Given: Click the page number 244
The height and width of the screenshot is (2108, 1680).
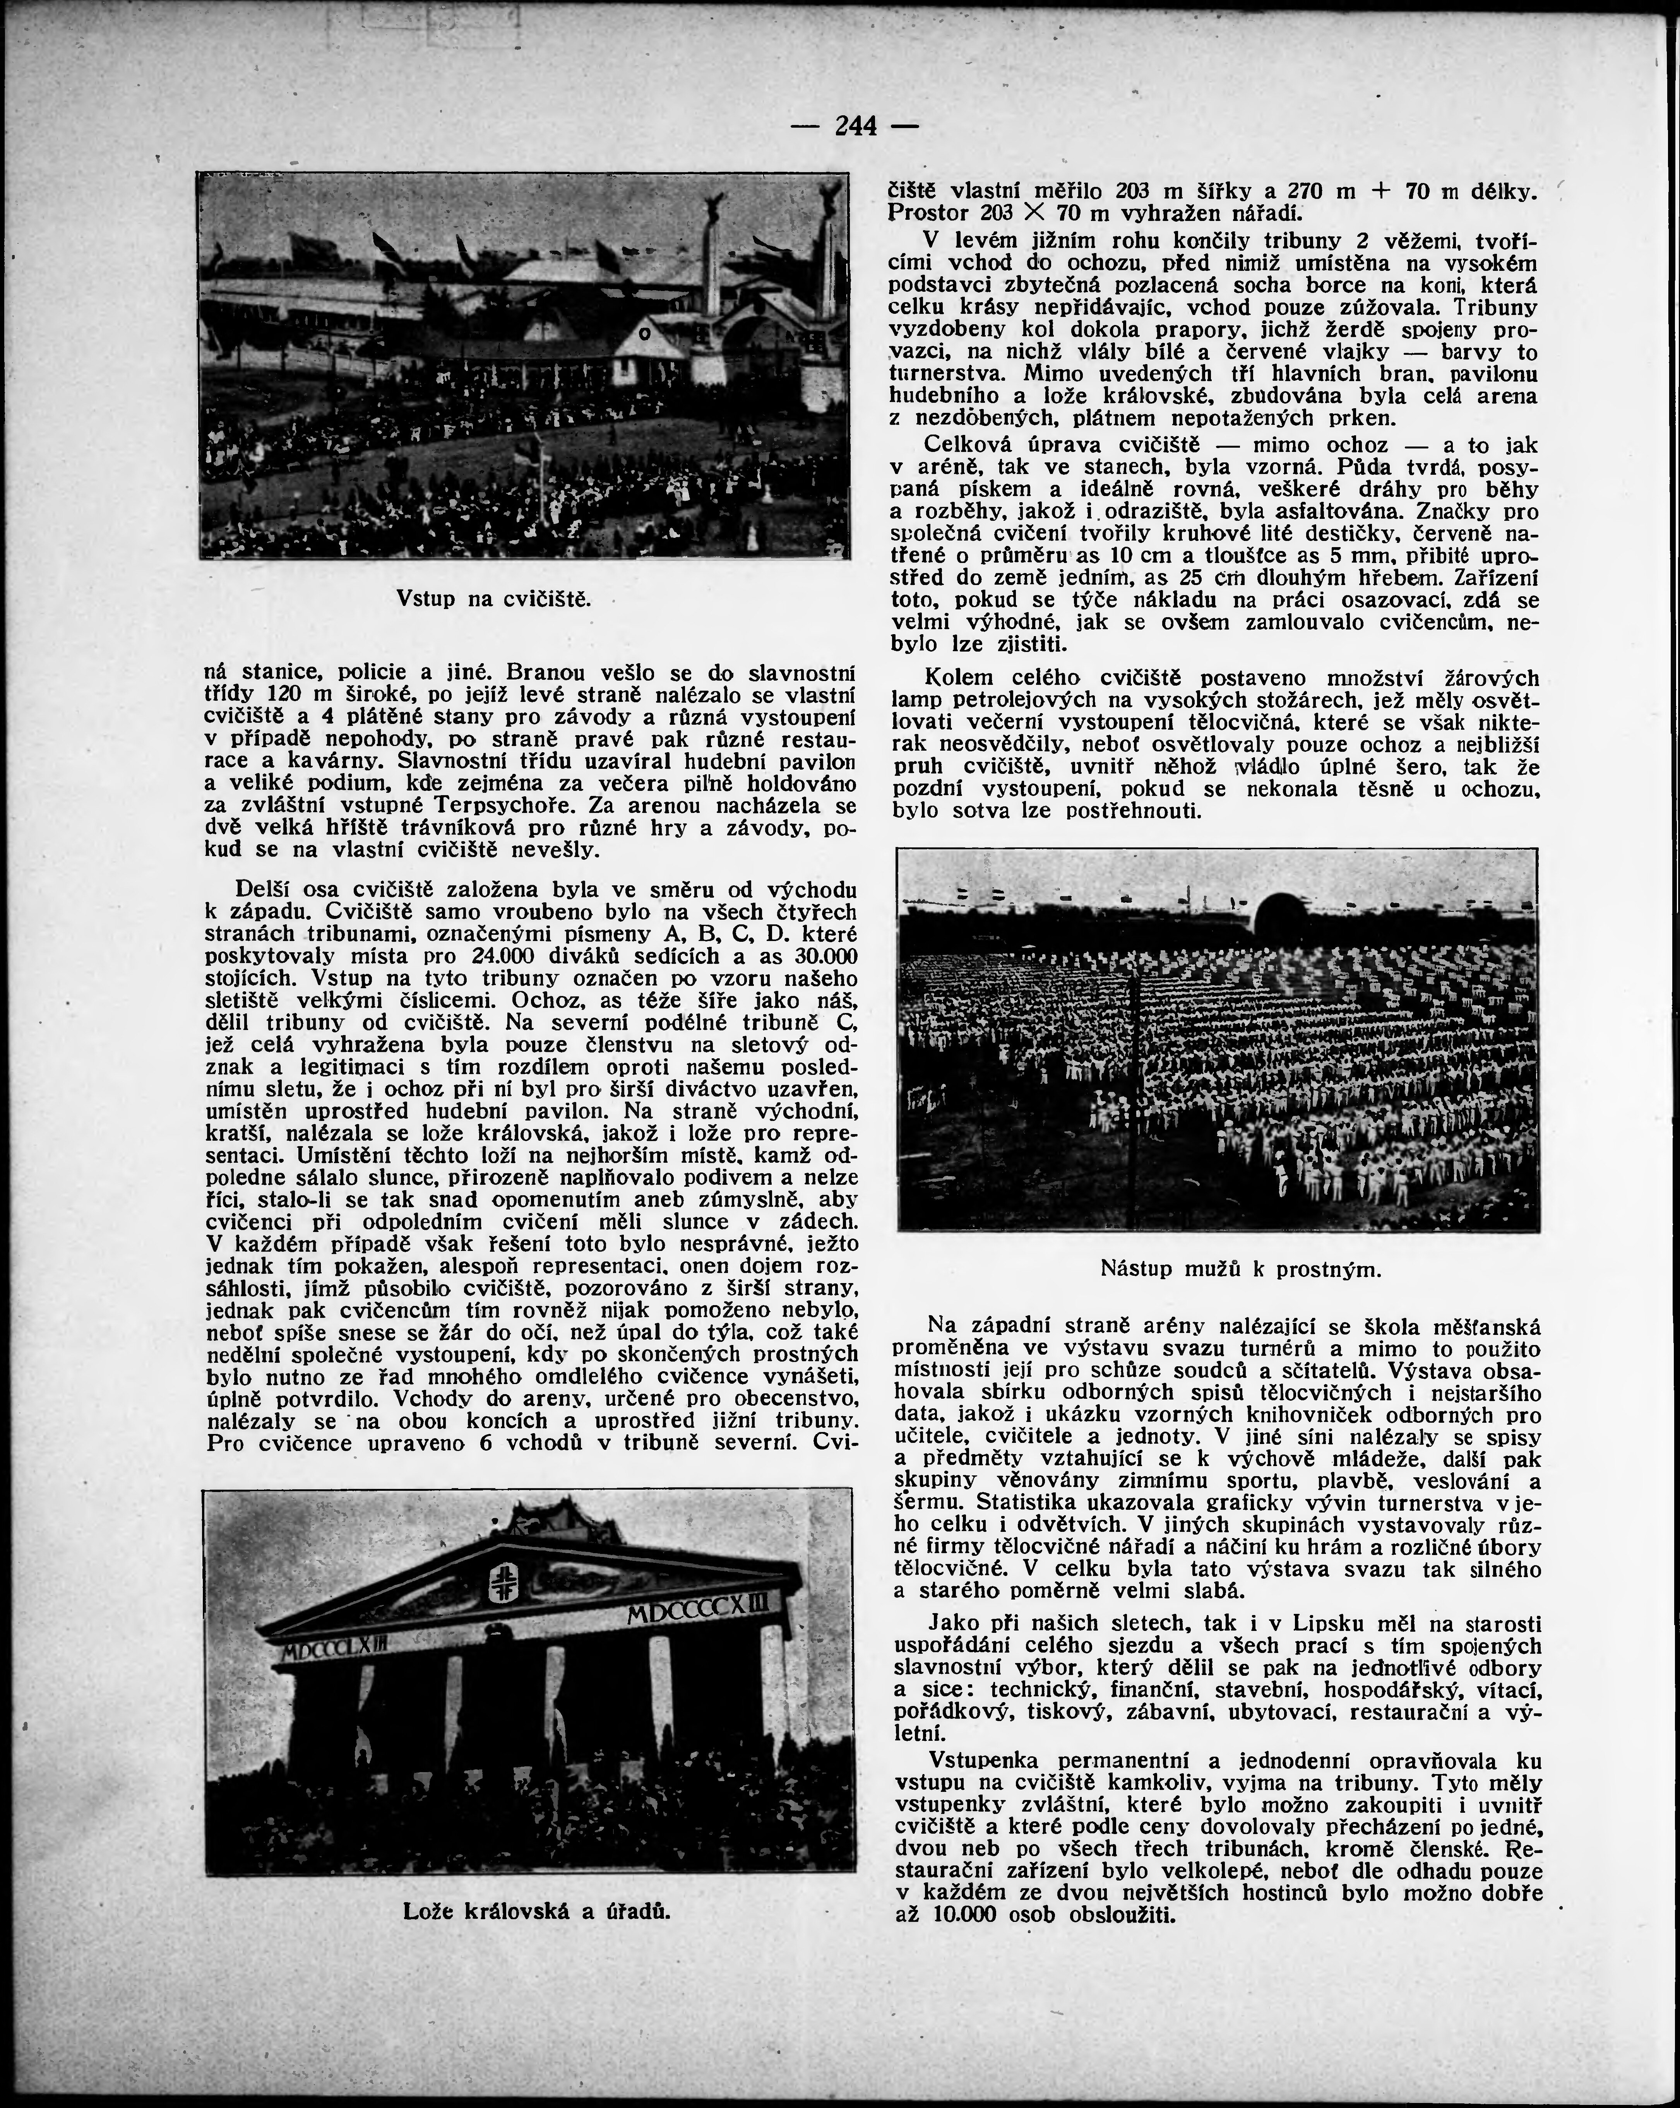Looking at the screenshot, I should [856, 126].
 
